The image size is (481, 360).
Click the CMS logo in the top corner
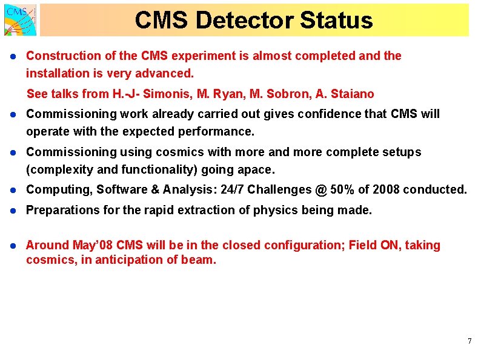(x=20, y=19)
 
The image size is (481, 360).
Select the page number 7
(x=469, y=342)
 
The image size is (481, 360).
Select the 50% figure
(x=345, y=189)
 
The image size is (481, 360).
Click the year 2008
(x=386, y=189)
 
